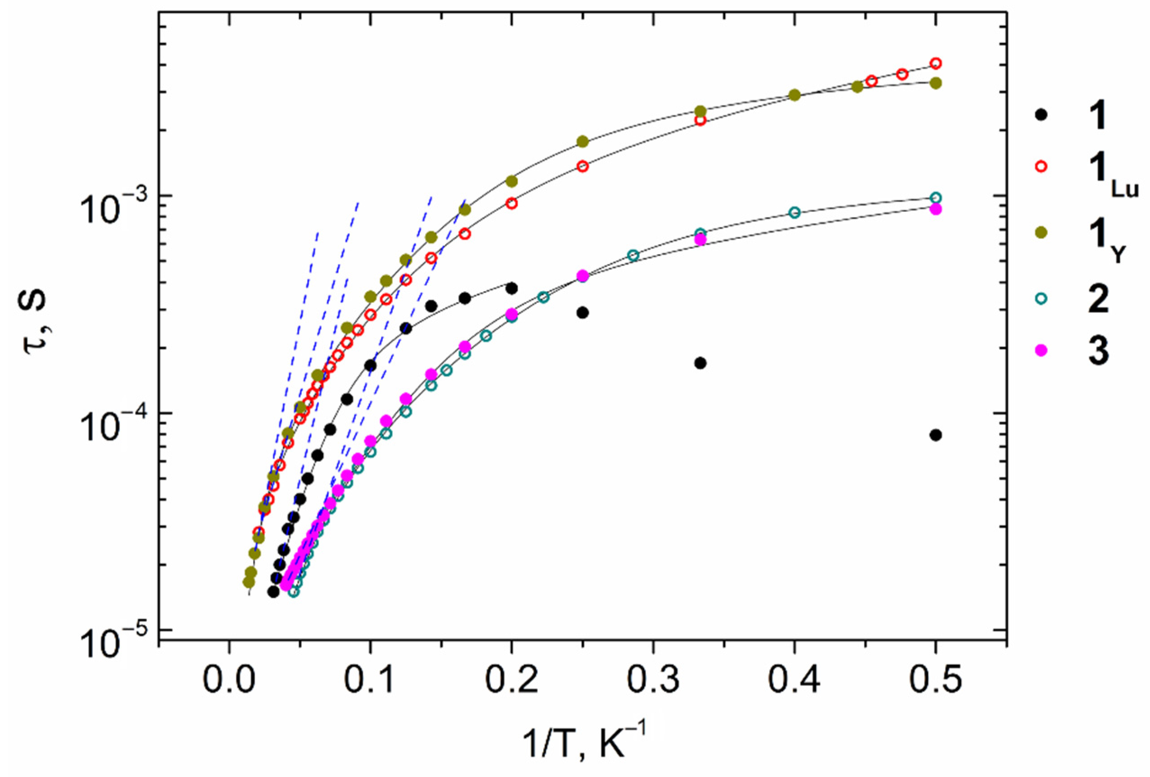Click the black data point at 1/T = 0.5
(x=935, y=435)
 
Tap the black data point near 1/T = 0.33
(x=700, y=363)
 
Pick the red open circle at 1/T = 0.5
(x=935, y=64)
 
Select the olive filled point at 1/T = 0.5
(x=935, y=83)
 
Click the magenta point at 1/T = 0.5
(x=935, y=209)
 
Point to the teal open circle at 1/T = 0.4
(x=794, y=213)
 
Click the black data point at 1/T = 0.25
(x=582, y=312)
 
